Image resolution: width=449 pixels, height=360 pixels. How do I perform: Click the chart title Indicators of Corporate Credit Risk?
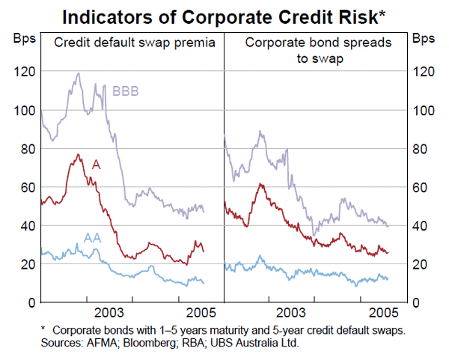(x=224, y=15)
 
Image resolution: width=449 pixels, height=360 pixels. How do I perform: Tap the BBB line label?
(x=125, y=92)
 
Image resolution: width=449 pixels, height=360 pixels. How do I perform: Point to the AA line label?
(x=92, y=238)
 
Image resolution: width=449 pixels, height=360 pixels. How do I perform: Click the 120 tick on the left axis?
(x=22, y=72)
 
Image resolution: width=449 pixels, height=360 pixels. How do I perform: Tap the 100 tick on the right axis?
(x=424, y=111)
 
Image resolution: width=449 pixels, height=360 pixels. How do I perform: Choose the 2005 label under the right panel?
(x=384, y=312)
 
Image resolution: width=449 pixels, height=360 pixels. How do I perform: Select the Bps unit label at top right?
(x=424, y=37)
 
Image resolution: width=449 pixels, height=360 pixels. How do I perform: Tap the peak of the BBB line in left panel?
(x=79, y=73)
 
